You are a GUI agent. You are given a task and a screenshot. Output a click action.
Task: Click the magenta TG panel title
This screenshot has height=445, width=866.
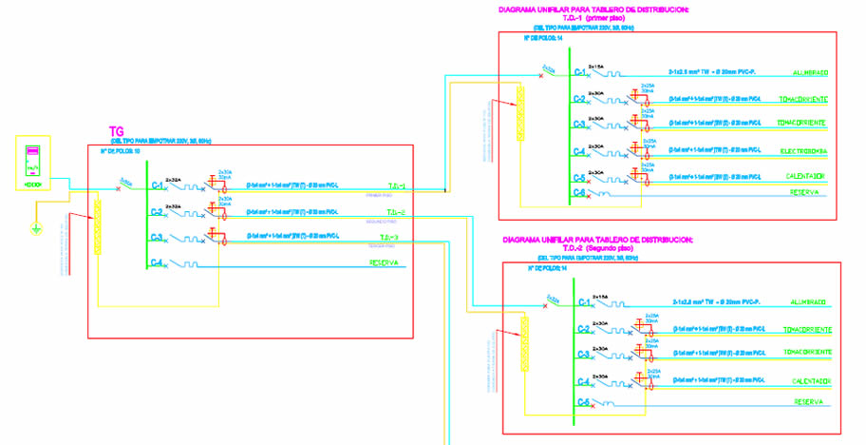[117, 132]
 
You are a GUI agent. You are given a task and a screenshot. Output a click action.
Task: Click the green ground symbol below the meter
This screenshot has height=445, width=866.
[36, 228]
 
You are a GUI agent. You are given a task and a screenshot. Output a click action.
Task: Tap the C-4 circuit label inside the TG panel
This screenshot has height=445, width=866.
[157, 263]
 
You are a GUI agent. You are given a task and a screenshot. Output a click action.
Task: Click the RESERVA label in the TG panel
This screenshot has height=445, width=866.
[384, 263]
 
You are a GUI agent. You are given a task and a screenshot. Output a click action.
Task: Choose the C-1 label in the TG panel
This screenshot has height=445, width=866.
[157, 185]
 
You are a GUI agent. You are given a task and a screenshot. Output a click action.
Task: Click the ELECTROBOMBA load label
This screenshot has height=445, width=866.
[803, 150]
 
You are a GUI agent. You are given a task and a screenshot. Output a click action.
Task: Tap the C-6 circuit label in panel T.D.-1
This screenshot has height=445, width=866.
[579, 192]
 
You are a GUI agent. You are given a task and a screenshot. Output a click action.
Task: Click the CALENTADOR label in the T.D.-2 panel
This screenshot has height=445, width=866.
[812, 381]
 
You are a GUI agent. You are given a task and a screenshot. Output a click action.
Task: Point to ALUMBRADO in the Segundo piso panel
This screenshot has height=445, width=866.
[812, 302]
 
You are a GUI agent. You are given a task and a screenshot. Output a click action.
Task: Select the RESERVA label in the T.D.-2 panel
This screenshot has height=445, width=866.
[808, 402]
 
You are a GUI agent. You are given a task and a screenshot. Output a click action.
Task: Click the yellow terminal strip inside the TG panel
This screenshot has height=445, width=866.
[97, 225]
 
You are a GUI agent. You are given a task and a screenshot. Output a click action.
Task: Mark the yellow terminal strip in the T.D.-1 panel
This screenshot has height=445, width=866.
[519, 113]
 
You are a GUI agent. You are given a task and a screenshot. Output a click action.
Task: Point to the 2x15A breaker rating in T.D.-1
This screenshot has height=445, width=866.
[596, 65]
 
